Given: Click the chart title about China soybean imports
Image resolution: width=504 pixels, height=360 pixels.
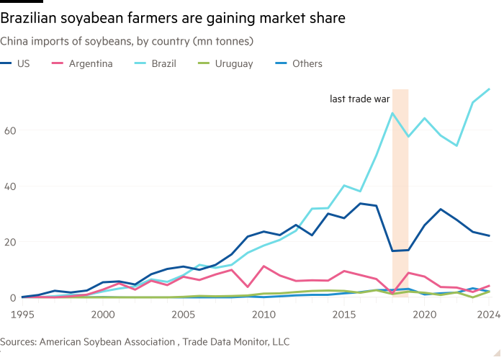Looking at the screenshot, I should [x=126, y=42].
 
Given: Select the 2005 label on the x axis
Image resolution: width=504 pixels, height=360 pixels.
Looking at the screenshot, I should [x=184, y=314].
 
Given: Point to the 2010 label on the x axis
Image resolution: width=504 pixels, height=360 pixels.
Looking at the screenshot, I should [x=264, y=314].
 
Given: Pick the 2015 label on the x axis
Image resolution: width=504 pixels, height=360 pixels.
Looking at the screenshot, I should [x=343, y=314].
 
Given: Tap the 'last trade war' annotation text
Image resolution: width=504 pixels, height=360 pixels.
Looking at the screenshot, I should [x=359, y=99].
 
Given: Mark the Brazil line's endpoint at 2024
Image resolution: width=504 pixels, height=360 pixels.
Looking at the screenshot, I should [x=490, y=89].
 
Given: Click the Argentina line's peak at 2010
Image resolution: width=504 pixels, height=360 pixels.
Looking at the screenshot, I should [x=264, y=266].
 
